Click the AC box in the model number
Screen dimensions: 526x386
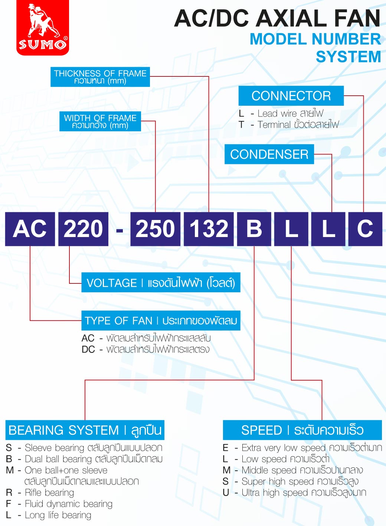[x=30, y=229]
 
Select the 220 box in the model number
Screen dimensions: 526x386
[x=84, y=229]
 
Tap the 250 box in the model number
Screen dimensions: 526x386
[x=155, y=229]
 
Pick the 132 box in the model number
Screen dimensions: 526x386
[x=209, y=229]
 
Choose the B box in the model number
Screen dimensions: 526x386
[x=254, y=229]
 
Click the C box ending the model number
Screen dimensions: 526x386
[x=365, y=229]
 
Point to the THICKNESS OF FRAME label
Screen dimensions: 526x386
[x=100, y=77]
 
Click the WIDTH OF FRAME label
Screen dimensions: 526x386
[x=100, y=121]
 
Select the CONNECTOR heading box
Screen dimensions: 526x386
[x=291, y=96]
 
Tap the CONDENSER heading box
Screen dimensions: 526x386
[x=269, y=154]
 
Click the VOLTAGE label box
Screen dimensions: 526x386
[x=161, y=283]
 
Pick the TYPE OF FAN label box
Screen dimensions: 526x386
[x=161, y=320]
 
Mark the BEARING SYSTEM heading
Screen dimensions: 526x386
[x=85, y=430]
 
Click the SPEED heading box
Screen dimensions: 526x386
[x=302, y=430]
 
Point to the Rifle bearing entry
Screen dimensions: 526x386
[x=49, y=493]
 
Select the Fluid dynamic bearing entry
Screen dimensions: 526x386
[x=68, y=504]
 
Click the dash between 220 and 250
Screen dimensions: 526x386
[x=120, y=231]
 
